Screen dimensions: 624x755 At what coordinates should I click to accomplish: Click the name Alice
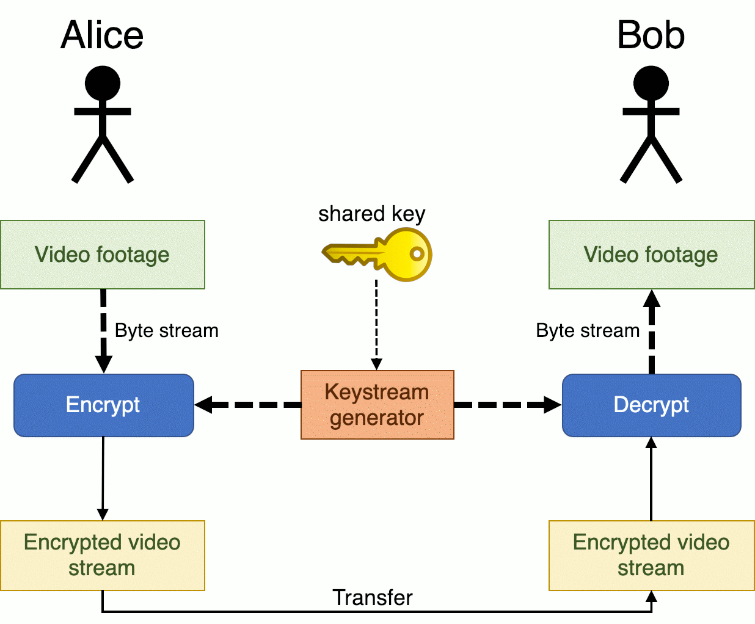point(102,35)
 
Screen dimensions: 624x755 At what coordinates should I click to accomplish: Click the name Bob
point(651,35)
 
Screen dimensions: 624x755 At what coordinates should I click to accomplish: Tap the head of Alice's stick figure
point(102,83)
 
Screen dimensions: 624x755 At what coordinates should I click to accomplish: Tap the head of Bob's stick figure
point(651,83)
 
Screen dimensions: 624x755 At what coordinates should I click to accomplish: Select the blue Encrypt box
point(103,405)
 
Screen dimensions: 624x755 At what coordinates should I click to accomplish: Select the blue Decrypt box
point(651,405)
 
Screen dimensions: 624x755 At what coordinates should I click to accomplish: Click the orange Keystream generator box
point(377,405)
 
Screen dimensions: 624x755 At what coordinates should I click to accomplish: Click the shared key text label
point(371,214)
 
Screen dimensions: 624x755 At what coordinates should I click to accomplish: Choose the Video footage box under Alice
point(102,255)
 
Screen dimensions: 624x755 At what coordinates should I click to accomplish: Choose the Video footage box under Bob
point(651,255)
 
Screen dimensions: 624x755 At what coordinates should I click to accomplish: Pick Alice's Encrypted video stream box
point(102,555)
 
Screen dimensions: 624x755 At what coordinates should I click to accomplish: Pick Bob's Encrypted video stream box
point(651,555)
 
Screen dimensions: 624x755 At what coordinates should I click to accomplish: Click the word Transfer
point(373,597)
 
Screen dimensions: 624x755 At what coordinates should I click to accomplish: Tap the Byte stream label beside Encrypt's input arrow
point(166,330)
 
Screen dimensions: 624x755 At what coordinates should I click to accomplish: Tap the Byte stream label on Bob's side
point(588,330)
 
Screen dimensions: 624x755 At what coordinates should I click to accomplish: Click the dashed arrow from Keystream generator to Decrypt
point(507,405)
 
